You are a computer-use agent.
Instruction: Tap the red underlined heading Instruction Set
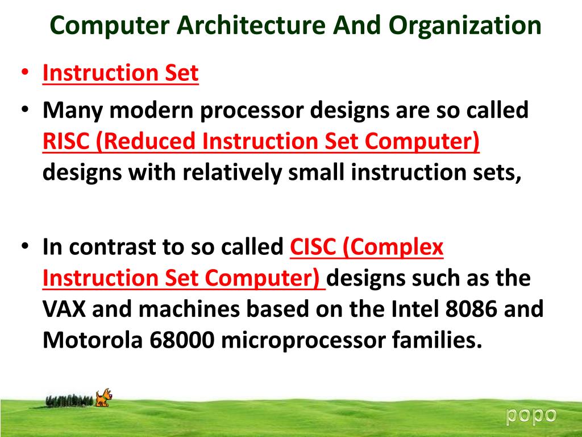point(120,73)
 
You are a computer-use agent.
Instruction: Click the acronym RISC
point(66,142)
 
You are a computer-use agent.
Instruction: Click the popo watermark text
point(531,415)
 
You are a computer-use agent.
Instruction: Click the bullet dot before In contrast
point(26,248)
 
